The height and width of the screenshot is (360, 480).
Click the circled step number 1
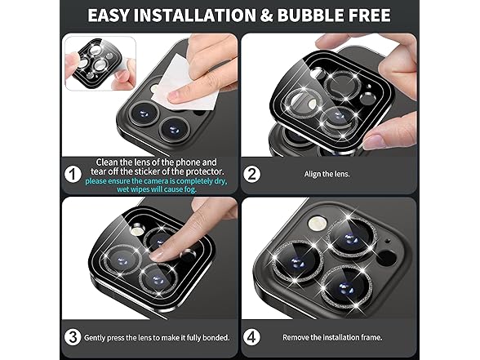click(73, 175)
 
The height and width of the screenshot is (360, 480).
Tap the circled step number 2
click(251, 175)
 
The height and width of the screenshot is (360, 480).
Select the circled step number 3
click(73, 337)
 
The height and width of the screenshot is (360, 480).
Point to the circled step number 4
click(251, 337)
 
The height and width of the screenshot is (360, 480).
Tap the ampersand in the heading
click(266, 16)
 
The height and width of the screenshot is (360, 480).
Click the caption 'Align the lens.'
click(327, 174)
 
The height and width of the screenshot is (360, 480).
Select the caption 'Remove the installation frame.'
click(332, 338)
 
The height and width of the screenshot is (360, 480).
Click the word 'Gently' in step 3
click(95, 338)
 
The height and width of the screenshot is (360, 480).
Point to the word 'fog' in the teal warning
click(189, 189)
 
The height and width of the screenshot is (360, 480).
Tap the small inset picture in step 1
click(100, 64)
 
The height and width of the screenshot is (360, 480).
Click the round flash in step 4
click(318, 224)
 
